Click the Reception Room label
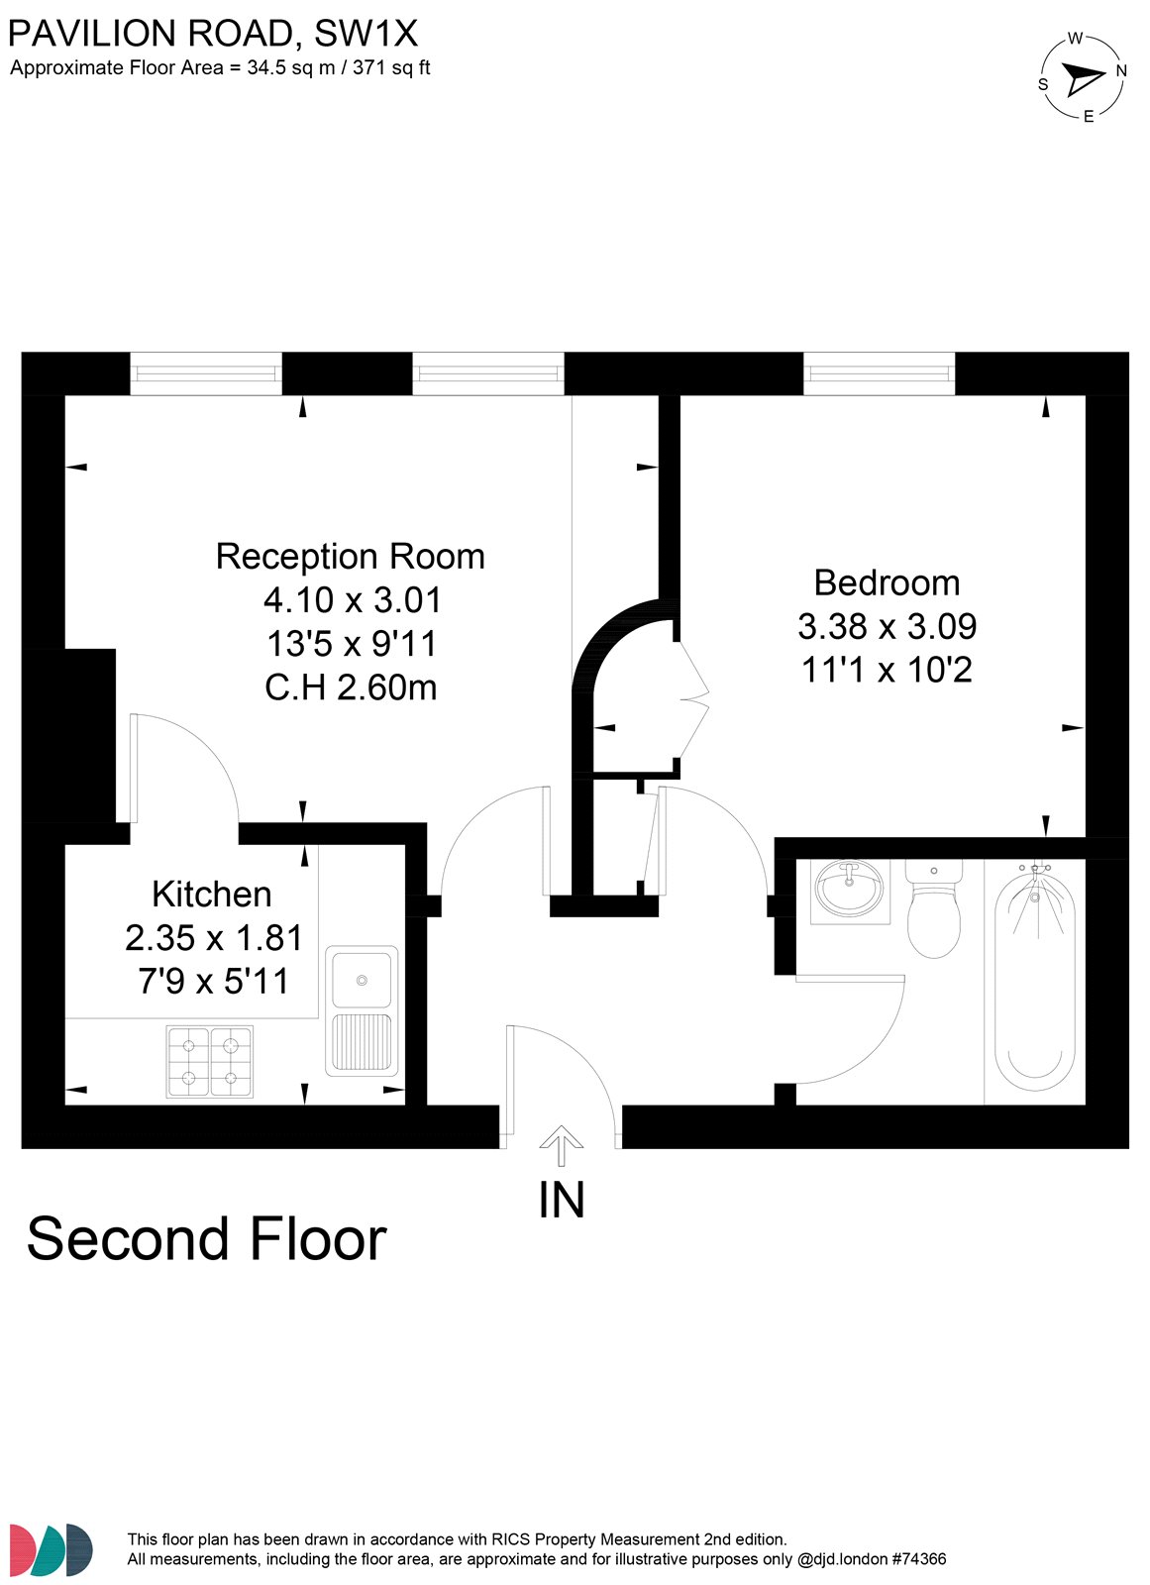pos(350,556)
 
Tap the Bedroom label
pos(887,583)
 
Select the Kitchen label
pos(212,895)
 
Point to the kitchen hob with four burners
pos(209,1062)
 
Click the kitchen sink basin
pos(362,980)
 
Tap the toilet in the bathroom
pos(933,908)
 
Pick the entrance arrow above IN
pos(562,1145)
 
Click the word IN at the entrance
pos(562,1200)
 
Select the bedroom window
pos(879,372)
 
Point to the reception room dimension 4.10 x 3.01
pos(353,600)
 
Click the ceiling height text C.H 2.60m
pos(351,687)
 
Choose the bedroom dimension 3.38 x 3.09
pos(888,626)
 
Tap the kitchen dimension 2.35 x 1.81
pos(214,938)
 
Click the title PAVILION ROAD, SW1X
pos(213,34)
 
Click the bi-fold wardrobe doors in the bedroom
pos(693,699)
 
